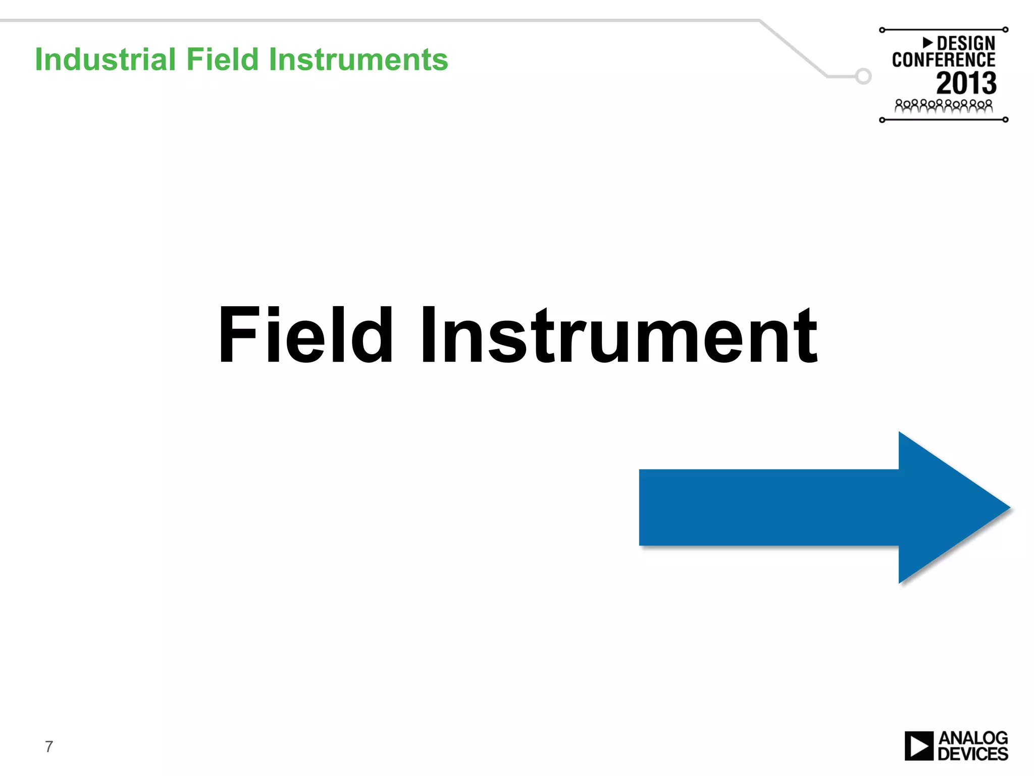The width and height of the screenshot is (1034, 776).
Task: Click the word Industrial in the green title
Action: coord(105,60)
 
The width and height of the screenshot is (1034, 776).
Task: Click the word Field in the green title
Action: coord(222,60)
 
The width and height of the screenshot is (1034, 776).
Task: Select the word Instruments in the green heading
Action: coord(358,60)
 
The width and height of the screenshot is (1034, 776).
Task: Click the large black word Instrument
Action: coord(618,336)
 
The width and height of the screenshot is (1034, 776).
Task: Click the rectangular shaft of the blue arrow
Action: coord(767,507)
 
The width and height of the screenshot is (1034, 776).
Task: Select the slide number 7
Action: coord(49,746)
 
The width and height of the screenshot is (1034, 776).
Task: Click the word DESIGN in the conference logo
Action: coord(965,43)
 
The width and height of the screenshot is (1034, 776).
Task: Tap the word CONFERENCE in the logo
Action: coord(943,60)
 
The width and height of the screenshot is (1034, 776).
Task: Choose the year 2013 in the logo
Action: coord(966,83)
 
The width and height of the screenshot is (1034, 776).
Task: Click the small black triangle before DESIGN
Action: coord(927,42)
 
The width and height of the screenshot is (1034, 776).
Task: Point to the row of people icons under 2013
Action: coord(943,106)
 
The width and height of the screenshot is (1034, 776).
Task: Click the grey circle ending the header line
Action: coord(863,76)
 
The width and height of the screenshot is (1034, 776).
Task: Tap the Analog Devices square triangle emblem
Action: coord(918,746)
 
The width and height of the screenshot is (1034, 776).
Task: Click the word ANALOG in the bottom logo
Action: coord(972,738)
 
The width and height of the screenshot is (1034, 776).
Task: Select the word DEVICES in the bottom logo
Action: coord(972,754)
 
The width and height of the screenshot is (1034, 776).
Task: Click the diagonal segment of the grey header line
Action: coord(793,48)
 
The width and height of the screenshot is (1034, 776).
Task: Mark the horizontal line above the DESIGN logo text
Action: coord(943,30)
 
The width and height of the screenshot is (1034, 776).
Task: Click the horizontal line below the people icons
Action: coord(943,120)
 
